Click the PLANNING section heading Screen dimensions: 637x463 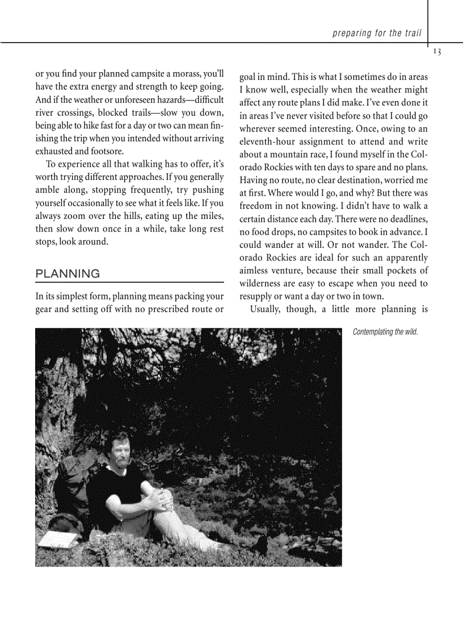click(68, 274)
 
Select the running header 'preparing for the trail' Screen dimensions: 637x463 click(377, 33)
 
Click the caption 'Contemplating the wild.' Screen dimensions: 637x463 click(385, 332)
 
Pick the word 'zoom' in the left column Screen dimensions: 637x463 click(71, 216)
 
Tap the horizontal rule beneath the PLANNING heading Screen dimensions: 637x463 click(129, 282)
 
